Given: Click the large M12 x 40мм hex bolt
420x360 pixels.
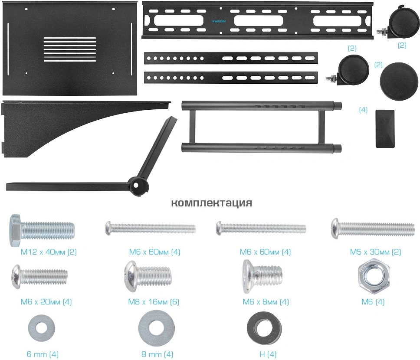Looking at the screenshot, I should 41,229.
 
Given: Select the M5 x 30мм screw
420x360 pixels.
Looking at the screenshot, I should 372,227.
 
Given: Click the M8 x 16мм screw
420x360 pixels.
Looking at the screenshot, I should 149,276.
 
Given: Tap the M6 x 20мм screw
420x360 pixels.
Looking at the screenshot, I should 39,276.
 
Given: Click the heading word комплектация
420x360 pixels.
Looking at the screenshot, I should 211,203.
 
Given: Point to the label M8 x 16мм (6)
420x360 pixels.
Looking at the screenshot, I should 154,302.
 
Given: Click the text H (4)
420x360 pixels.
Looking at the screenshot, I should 268,354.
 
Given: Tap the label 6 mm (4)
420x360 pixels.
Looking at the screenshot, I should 43,354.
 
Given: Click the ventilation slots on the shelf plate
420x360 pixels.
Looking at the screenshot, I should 69,50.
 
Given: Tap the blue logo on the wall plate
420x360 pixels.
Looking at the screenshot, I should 223,20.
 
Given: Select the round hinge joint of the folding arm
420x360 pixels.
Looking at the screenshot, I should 140,185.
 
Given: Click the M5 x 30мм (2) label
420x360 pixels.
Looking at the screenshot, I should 375,252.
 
